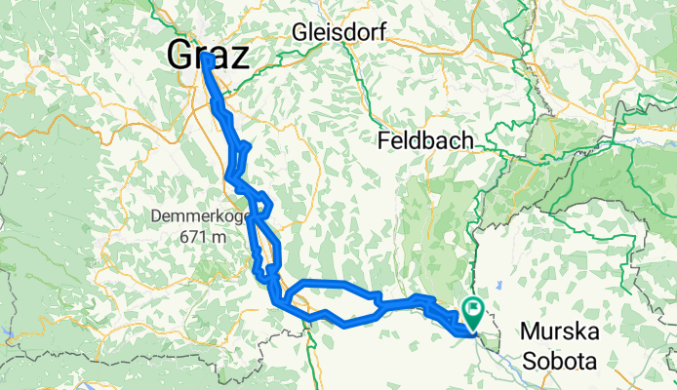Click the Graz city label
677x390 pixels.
click(208, 54)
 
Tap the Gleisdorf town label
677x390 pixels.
click(339, 32)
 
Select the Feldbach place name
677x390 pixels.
click(424, 141)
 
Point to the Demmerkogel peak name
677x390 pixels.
click(199, 216)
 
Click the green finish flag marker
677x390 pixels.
click(475, 312)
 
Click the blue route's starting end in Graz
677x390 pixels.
click(207, 59)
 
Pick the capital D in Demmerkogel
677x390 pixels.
click(155, 216)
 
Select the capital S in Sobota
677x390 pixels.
click(530, 362)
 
